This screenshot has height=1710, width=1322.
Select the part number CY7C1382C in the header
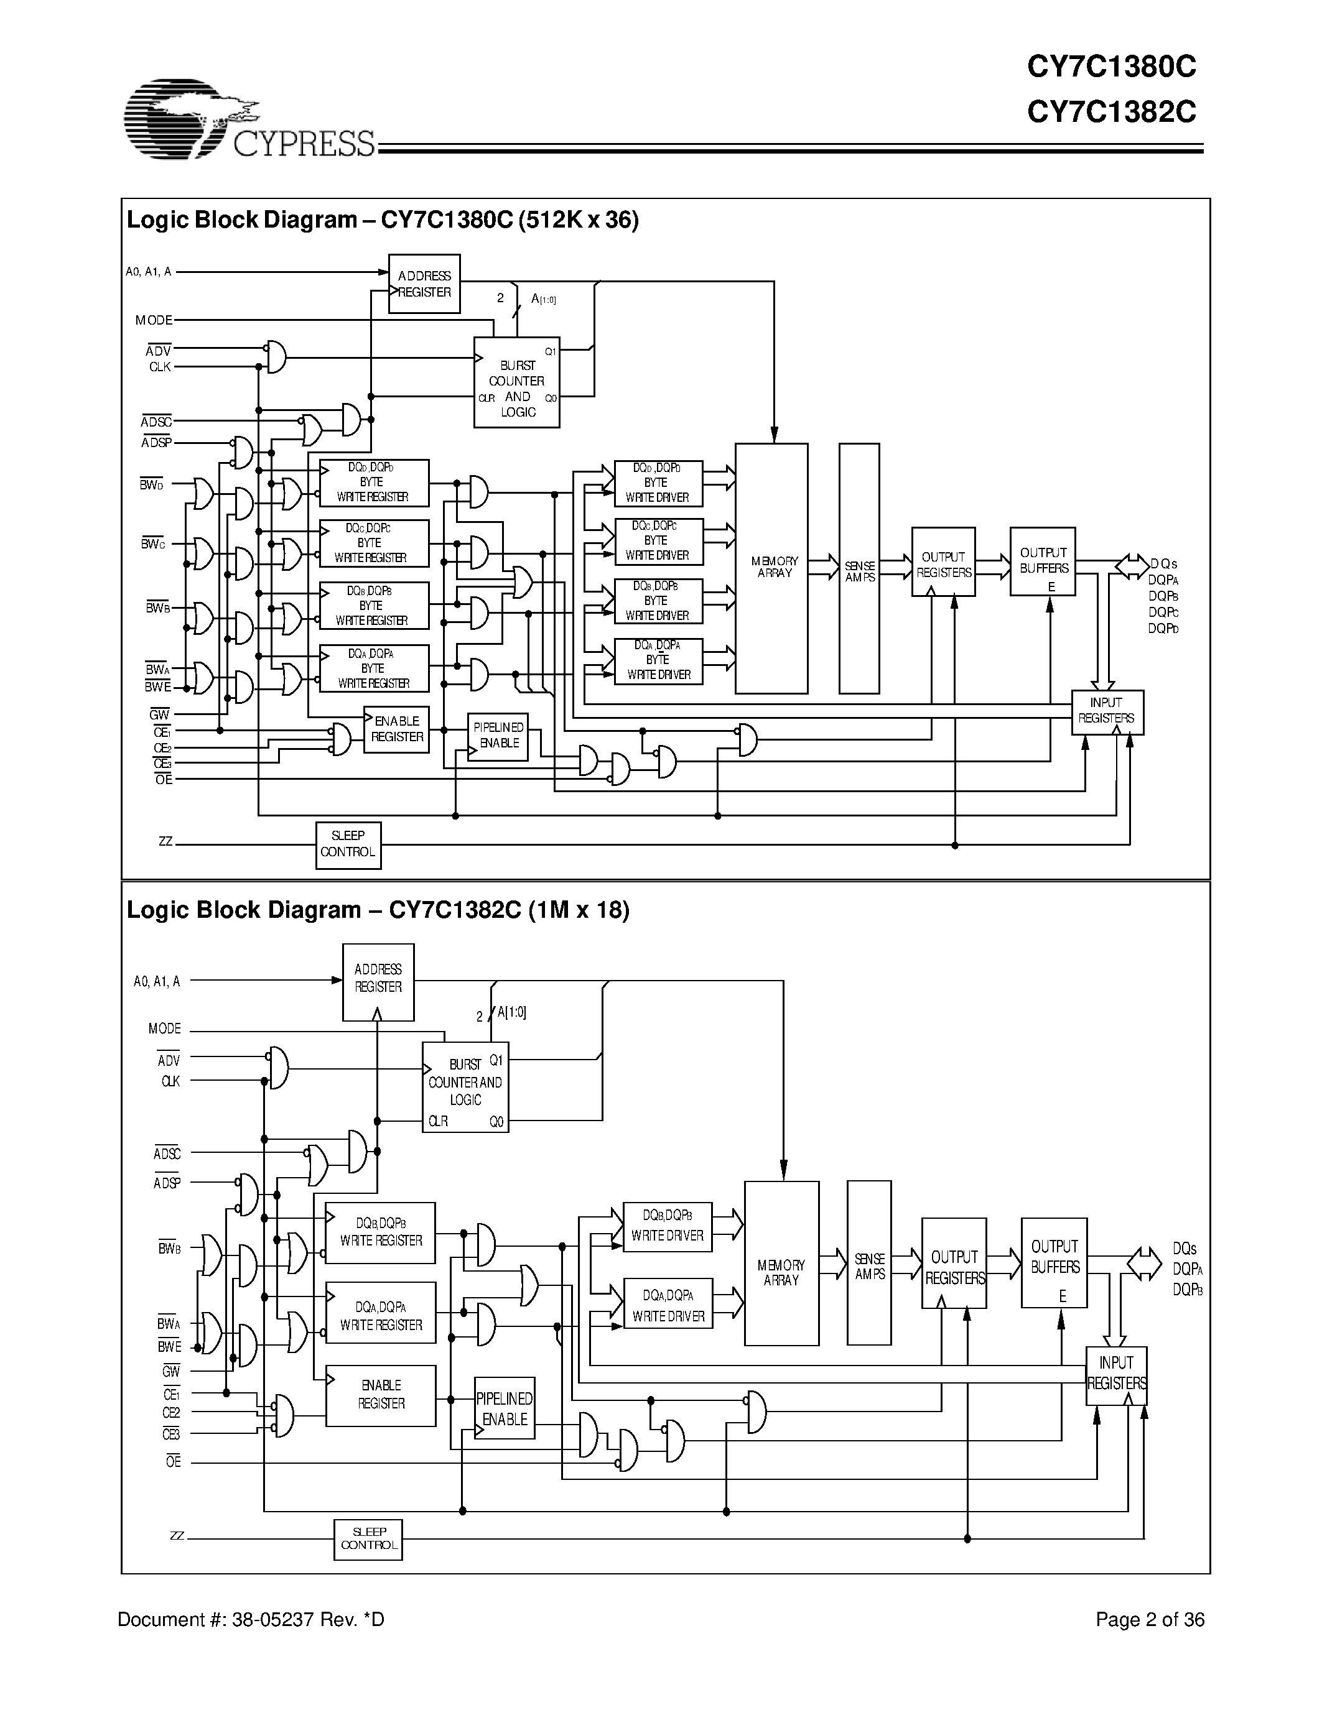(x=1111, y=113)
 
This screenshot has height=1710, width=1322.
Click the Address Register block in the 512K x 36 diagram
(x=424, y=284)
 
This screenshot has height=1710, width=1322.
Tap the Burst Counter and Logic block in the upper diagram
(x=516, y=382)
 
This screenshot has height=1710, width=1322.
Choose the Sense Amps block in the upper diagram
(x=859, y=568)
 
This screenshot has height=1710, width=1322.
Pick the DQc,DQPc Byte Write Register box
(x=373, y=543)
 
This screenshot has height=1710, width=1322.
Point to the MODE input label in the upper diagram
(x=154, y=320)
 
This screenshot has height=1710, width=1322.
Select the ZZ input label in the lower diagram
(x=177, y=1536)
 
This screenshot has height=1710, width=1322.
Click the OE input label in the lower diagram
(x=173, y=1462)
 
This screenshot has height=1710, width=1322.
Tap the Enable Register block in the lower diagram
(x=381, y=1395)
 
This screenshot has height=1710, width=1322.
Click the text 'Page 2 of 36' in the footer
(x=1149, y=1620)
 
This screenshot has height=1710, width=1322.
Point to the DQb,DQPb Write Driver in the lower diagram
(x=668, y=1226)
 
